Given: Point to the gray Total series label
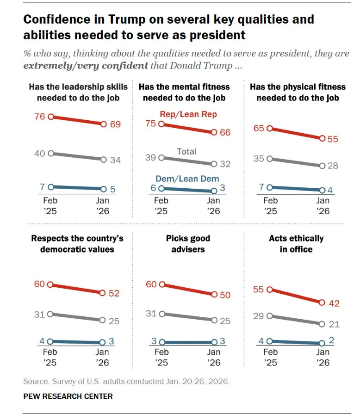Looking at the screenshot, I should click(187, 151).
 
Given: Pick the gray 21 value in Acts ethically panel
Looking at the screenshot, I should click(333, 324).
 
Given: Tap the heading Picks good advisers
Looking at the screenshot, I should click(188, 244).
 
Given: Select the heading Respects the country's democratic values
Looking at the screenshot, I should click(77, 244).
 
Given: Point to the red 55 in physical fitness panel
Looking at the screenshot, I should click(333, 138).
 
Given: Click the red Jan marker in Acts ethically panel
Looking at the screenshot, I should click(323, 303).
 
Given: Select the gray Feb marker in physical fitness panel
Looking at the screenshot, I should click(271, 159).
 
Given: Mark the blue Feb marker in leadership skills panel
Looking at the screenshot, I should click(51, 187).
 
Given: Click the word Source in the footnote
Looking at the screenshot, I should click(34, 382).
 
